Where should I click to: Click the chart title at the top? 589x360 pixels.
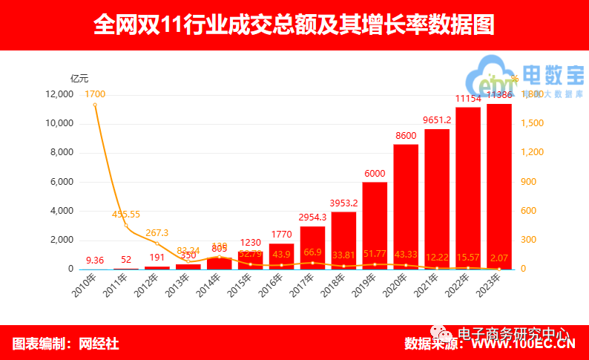(294, 24)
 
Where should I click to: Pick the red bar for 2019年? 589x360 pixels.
(375, 226)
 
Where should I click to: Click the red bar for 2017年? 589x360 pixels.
(312, 248)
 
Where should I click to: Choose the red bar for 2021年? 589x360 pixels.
(437, 199)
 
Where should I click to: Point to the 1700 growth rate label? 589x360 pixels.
(95, 94)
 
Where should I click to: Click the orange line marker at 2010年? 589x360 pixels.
(95, 105)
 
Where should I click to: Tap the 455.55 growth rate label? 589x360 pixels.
(126, 214)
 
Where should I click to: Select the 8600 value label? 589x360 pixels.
(406, 136)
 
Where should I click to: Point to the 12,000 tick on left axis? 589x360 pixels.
(59, 95)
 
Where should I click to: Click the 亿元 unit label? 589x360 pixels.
(79, 78)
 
